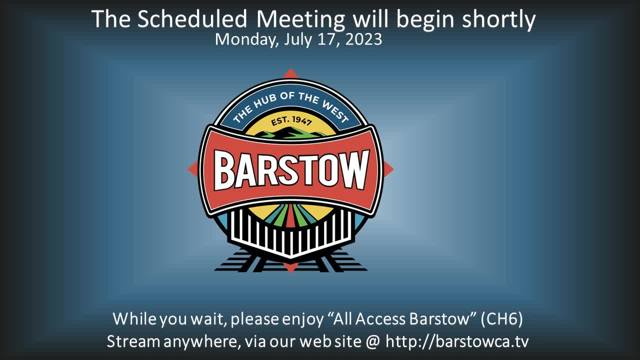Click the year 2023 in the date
pos(363,39)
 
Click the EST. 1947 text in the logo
pos(291,121)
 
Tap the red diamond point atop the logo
pos(290,73)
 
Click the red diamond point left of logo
pos(193,168)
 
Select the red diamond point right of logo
pos(388,169)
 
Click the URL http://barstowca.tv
pos(457,341)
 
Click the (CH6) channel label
pos(501,319)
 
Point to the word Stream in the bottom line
pos(133,341)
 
